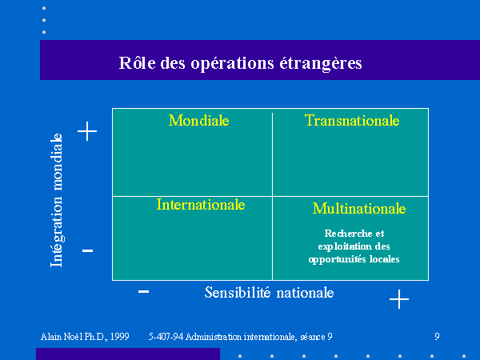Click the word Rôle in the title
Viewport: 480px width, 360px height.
[137, 62]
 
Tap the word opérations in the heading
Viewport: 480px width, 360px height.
[232, 64]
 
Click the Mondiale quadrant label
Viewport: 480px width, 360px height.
[198, 120]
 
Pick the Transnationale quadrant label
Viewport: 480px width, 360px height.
[352, 120]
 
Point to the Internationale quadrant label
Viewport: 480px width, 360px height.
[201, 205]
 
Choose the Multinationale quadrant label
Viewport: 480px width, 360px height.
[359, 209]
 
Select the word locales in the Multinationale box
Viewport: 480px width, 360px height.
[385, 259]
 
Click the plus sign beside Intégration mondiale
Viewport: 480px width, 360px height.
[87, 131]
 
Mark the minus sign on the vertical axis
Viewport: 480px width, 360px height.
[87, 250]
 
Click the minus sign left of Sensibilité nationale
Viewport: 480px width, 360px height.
[143, 291]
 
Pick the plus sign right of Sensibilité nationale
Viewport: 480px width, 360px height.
[399, 299]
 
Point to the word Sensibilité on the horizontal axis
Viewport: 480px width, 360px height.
[238, 293]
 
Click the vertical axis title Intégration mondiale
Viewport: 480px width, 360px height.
[57, 200]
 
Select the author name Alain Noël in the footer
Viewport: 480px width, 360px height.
[62, 337]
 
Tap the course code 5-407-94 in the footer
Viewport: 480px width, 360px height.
[166, 337]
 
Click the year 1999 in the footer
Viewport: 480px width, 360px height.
[120, 337]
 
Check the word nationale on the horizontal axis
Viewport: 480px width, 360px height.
[306, 293]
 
